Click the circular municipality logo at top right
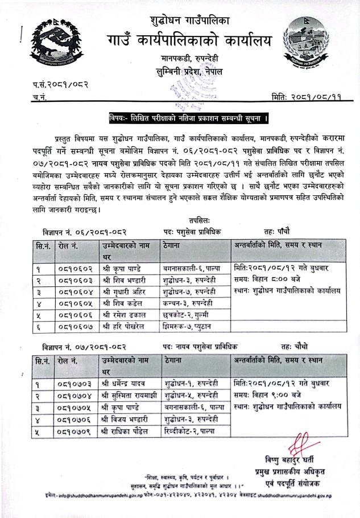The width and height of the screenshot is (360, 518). [306, 42]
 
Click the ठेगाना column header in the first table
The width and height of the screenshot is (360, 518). [171, 245]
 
